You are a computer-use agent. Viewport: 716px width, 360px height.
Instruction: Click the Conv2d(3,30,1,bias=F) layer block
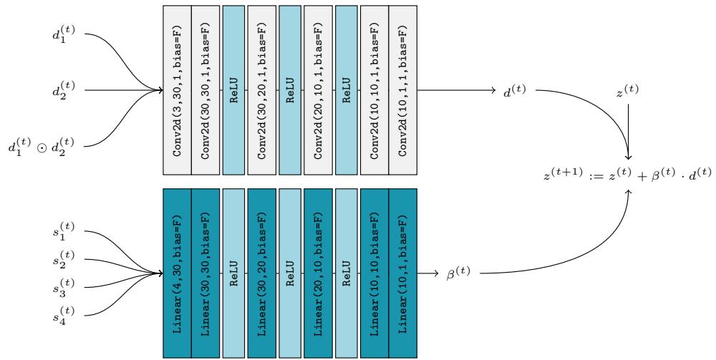(177, 90)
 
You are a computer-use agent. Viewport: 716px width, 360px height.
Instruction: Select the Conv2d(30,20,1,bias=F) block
(261, 90)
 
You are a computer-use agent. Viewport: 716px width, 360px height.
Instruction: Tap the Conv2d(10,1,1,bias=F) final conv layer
(402, 90)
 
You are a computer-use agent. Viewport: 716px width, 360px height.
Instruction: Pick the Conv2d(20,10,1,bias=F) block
(317, 90)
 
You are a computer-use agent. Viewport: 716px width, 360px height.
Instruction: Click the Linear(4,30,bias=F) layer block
(177, 273)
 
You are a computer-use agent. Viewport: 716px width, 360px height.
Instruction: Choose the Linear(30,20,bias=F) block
(261, 273)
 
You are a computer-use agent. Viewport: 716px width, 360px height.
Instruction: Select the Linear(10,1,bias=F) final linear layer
(402, 273)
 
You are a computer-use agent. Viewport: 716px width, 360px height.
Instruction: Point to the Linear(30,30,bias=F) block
(205, 273)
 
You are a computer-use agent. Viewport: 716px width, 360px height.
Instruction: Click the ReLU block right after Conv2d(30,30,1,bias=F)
(233, 90)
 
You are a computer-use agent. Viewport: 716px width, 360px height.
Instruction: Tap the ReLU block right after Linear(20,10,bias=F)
(345, 273)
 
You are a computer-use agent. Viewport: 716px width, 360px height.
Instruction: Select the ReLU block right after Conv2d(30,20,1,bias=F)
(289, 90)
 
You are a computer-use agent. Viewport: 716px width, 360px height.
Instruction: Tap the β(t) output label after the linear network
(458, 272)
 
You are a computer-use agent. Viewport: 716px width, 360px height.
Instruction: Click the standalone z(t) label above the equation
(627, 92)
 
